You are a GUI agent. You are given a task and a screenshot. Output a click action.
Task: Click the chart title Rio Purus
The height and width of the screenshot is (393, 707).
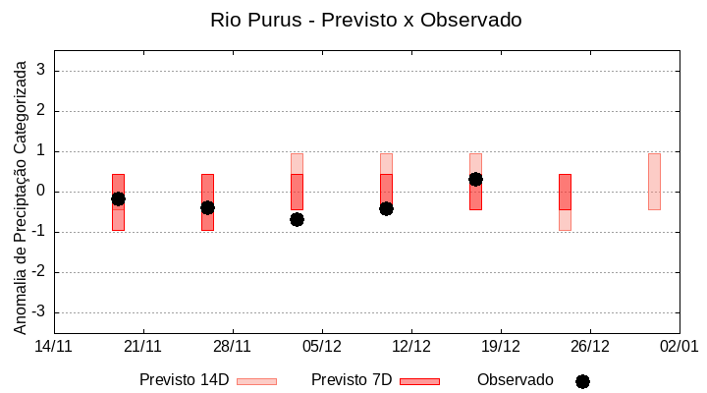365,20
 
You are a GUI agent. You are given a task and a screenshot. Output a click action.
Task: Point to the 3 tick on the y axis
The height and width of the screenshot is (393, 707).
41,71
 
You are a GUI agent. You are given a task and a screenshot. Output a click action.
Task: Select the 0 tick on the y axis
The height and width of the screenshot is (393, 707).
41,192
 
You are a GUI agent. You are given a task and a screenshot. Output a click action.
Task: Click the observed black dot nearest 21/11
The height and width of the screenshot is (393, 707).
118,198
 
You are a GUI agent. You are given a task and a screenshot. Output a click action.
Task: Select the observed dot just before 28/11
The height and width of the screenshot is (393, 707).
207,207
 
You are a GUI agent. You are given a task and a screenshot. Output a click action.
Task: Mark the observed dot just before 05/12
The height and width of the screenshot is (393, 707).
297,219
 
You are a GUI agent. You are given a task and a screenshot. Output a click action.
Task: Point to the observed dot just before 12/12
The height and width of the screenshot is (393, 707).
386,208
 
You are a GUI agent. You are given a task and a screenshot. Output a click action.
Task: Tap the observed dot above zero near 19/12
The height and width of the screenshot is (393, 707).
475,179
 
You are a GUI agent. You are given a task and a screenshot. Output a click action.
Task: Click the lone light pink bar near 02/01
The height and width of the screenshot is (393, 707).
654,182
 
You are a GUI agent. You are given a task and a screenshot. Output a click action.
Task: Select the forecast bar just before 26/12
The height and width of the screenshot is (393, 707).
565,201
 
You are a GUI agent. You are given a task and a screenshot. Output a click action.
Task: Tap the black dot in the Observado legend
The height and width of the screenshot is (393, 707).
582,381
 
